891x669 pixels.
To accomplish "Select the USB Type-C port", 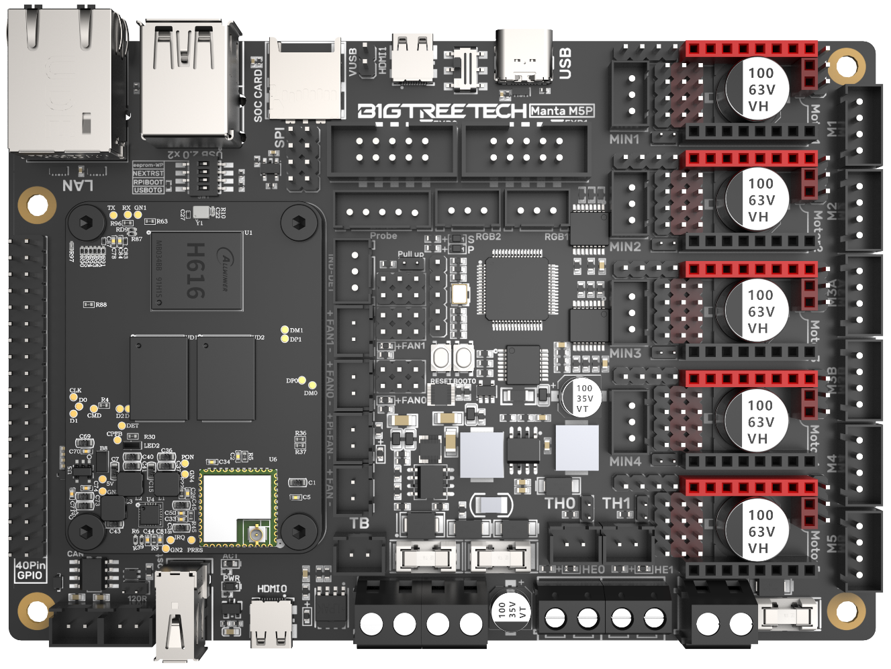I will click(x=524, y=56).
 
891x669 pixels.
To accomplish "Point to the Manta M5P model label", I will click(x=561, y=111).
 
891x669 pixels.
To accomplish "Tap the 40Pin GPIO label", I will click(x=30, y=570).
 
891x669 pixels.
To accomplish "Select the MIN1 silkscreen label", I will click(x=624, y=140).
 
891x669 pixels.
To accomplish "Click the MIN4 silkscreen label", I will click(x=625, y=462).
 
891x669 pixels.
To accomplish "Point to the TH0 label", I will click(x=560, y=503).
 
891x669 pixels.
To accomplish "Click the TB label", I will click(x=359, y=523).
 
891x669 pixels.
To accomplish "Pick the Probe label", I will click(x=383, y=236).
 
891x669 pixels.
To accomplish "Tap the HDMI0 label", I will click(x=272, y=589).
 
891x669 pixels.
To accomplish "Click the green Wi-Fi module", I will click(x=239, y=506).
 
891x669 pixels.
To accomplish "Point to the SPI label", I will click(x=279, y=138).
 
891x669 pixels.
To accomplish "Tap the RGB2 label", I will click(x=489, y=236).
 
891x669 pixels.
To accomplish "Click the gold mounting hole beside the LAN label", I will click(x=37, y=205).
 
